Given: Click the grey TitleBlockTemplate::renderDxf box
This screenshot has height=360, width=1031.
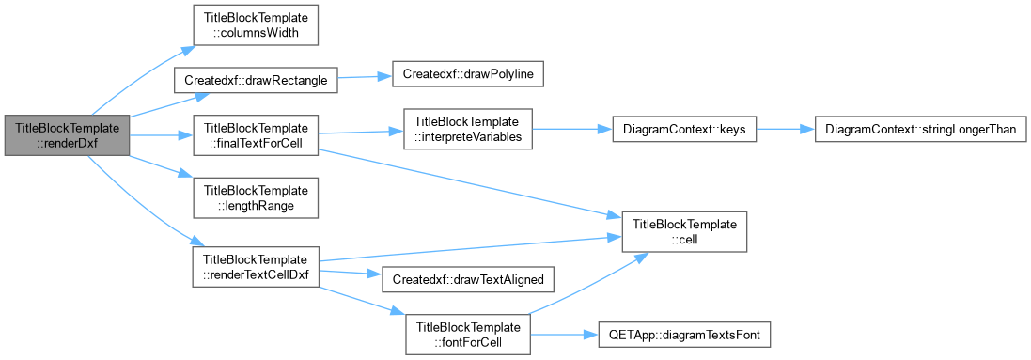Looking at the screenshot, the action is coord(67,135).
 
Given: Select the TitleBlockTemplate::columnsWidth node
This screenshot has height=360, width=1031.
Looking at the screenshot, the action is coord(256,25).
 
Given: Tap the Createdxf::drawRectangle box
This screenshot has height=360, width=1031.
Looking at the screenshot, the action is coord(255,80).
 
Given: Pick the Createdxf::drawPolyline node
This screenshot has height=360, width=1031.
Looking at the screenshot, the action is coord(467,75).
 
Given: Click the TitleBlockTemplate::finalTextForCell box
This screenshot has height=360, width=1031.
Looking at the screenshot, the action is coord(256,135).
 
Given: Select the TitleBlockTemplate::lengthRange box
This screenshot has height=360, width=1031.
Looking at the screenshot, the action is coord(256,198).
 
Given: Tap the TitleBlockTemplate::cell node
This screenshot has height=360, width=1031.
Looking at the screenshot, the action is coord(684,231).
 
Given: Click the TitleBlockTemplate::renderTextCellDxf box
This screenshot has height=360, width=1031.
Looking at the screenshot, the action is coord(256,266).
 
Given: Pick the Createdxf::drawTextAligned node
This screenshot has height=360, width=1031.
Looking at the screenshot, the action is coord(467,280).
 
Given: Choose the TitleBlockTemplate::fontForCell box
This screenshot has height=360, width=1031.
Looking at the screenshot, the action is coord(468,335).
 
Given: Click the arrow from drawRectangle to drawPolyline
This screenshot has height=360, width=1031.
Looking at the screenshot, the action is coord(365,78).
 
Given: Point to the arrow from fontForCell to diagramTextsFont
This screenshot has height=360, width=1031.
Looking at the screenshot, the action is coord(565,335).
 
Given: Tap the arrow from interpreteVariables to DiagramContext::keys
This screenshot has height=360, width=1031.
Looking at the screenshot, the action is coord(571,130).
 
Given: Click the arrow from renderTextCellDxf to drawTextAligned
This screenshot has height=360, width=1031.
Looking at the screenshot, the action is coord(351,273).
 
